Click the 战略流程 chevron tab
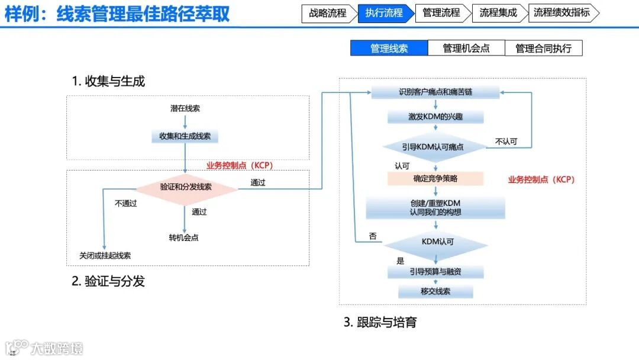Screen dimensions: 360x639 pos(328,13)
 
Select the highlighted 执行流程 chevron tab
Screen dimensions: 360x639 pos(384,13)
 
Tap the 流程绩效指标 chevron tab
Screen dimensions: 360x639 pos(561,13)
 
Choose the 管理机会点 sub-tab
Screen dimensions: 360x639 pos(466,49)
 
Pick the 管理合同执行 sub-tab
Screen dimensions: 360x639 pos(543,49)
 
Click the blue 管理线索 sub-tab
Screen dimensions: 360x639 pos(389,49)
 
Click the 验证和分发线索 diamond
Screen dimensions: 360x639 pos(186,187)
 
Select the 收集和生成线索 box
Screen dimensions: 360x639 pos(185,136)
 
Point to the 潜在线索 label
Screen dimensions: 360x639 pos(185,109)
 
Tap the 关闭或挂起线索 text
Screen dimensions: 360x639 pos(105,256)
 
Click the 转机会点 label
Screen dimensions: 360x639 pos(183,237)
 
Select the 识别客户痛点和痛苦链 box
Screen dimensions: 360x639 pos(435,93)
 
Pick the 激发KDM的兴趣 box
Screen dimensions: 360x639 pos(435,117)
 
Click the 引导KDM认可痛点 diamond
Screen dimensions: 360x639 pos(435,146)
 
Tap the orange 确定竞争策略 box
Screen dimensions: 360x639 pos(435,178)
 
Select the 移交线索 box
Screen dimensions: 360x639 pos(435,291)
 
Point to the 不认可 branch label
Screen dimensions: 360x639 pos(506,142)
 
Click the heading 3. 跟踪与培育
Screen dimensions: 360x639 pos(380,323)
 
